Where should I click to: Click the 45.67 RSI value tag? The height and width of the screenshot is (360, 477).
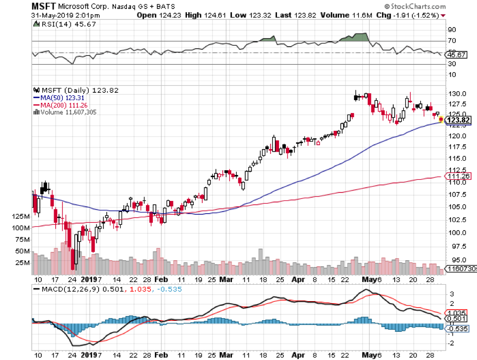(457, 55)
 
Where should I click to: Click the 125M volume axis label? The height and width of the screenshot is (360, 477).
(21, 217)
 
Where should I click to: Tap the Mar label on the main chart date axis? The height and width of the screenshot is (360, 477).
(226, 279)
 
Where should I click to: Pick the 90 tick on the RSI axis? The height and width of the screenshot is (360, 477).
(452, 30)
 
